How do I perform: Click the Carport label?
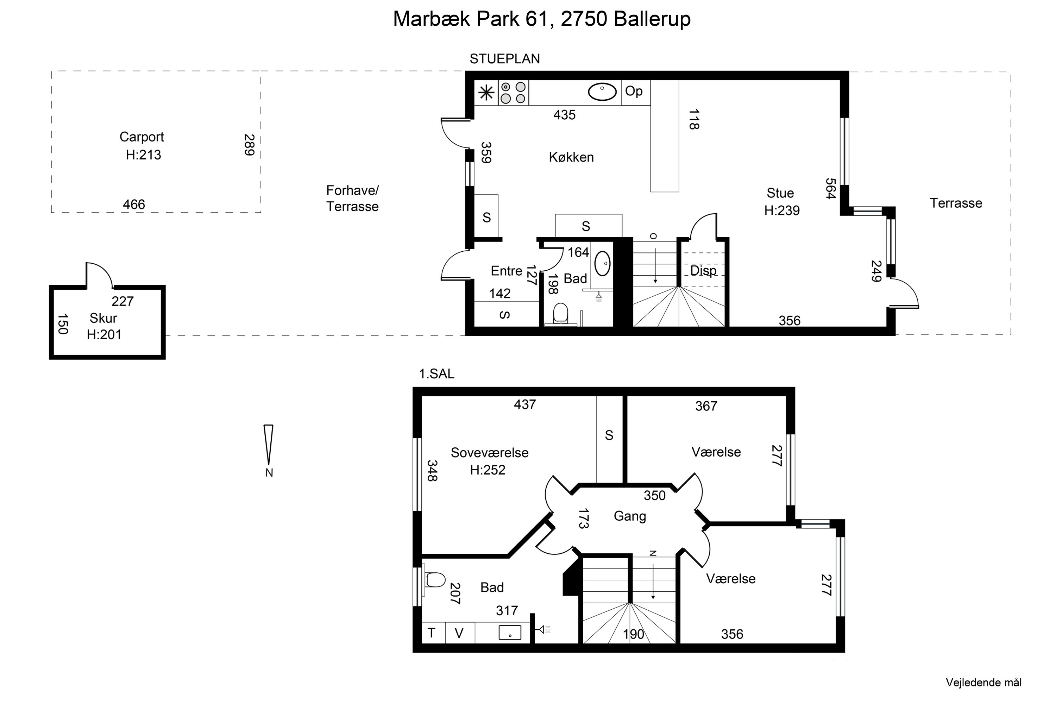(142, 137)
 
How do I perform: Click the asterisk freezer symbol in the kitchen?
(486, 93)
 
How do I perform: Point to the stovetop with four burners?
(513, 93)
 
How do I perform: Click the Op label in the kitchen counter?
(634, 91)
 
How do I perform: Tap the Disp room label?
(703, 271)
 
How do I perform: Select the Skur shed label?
(103, 318)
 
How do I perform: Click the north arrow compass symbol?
(269, 445)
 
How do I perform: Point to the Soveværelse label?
(489, 453)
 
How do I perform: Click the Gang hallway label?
(630, 516)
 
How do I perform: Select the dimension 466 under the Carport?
(134, 205)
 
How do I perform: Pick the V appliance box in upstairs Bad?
(459, 633)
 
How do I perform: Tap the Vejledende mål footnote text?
(984, 683)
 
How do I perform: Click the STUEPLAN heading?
(505, 59)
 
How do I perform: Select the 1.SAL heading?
(436, 374)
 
